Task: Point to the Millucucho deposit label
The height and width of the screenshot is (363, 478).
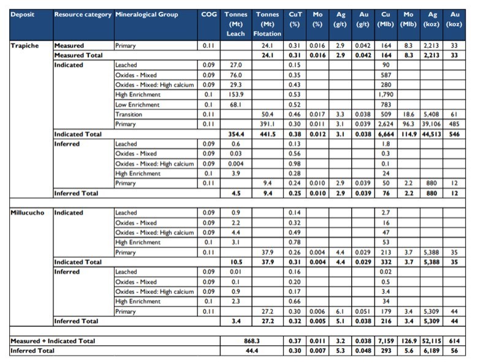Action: pos(28,212)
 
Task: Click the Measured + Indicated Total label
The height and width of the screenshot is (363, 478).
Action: pos(53,341)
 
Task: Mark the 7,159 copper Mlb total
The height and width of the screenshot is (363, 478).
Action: pos(385,341)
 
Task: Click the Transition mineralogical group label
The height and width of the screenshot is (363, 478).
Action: pos(129,114)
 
